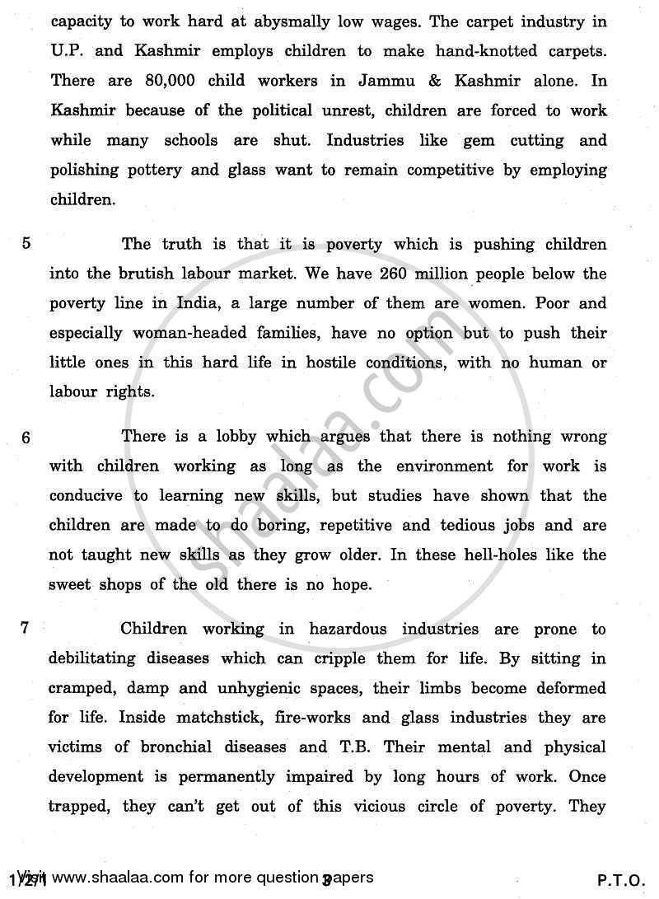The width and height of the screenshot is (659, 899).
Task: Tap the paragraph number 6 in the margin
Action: coord(27,438)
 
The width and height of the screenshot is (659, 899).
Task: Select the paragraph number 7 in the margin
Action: coord(26,630)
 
